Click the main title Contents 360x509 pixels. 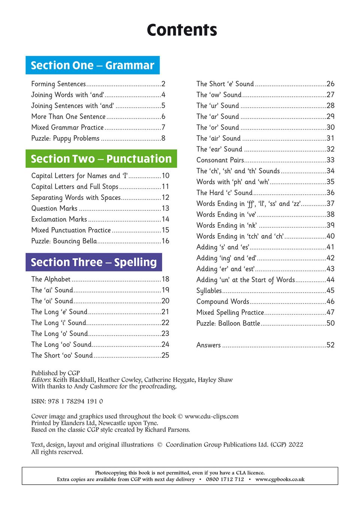tap(182, 30)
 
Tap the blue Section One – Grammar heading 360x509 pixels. tap(93, 65)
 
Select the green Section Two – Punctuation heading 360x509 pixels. tap(101, 159)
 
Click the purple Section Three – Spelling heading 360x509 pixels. tap(94, 262)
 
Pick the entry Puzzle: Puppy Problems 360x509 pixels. tap(66, 138)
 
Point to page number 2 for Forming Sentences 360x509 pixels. tap(163, 84)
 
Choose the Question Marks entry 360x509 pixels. tap(54, 208)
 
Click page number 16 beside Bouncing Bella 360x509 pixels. tap(166, 241)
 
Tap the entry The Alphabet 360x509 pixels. tap(51, 279)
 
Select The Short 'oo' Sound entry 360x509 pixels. tap(62, 356)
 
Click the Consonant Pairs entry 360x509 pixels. tap(220, 160)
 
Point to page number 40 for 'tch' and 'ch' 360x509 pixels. tap(330, 236)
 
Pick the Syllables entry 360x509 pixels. tap(209, 291)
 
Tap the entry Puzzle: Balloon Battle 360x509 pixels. tap(228, 323)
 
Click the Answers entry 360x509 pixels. tap(209, 345)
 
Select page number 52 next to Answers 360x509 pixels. tap(330, 345)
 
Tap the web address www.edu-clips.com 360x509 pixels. tap(212, 416)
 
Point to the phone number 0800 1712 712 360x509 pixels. tap(225, 479)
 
